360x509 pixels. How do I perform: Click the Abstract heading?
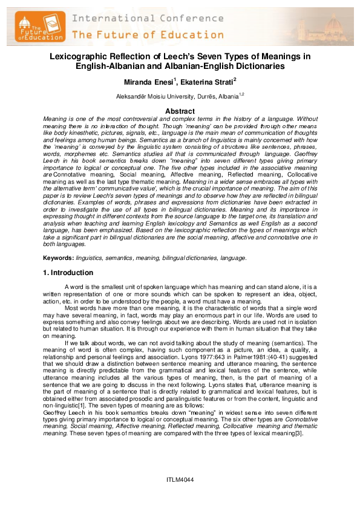pos(180,111)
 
